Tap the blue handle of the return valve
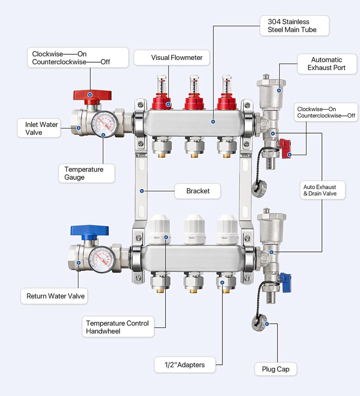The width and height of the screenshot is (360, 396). pyautogui.click(x=89, y=231)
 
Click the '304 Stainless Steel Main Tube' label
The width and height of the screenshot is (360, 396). pyautogui.click(x=294, y=26)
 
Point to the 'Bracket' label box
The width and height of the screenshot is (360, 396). pyautogui.click(x=198, y=191)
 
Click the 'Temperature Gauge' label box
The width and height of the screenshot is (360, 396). pyautogui.click(x=87, y=173)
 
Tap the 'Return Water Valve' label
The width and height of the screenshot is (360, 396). pyautogui.click(x=55, y=296)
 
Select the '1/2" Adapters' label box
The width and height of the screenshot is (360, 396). pyautogui.click(x=185, y=364)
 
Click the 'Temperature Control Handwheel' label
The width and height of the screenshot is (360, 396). pyautogui.click(x=118, y=327)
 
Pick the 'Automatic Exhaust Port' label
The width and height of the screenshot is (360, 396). pyautogui.click(x=327, y=64)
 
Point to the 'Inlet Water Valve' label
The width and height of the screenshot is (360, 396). pyautogui.click(x=39, y=128)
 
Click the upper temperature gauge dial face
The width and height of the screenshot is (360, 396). pyautogui.click(x=104, y=124)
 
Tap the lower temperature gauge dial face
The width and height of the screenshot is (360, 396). pyautogui.click(x=102, y=259)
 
